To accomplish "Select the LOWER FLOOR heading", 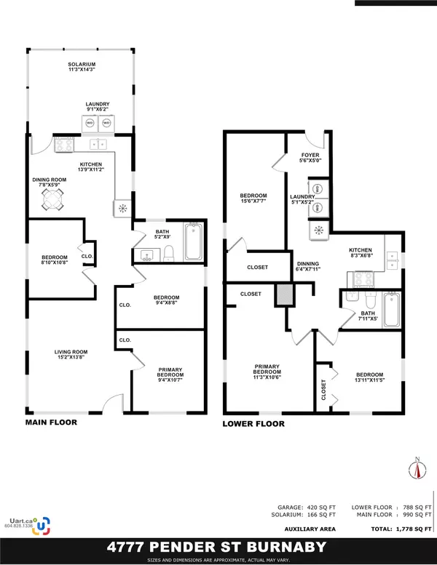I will click(x=254, y=424).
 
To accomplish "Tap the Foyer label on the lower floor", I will click(x=310, y=157).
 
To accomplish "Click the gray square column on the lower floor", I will click(x=282, y=295).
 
